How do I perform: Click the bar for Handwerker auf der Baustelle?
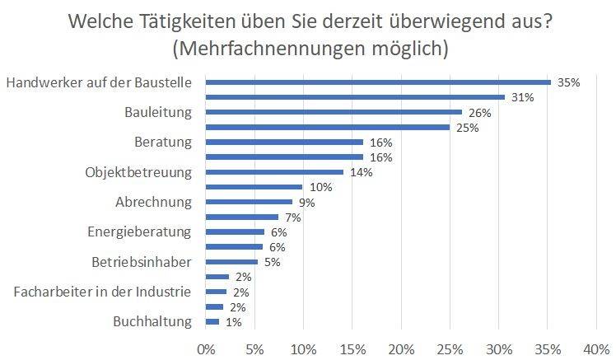pyautogui.click(x=378, y=82)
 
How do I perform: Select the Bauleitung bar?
pyautogui.click(x=334, y=112)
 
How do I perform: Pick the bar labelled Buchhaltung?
pyautogui.click(x=212, y=322)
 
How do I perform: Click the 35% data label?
pyautogui.click(x=569, y=82)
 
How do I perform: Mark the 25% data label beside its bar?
pyautogui.click(x=467, y=128)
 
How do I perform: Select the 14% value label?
pyautogui.click(x=362, y=172)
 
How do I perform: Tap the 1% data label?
pyautogui.click(x=233, y=322)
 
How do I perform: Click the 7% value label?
pyautogui.click(x=292, y=217)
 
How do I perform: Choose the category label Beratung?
pyautogui.click(x=163, y=142)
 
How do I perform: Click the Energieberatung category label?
pyautogui.click(x=139, y=231)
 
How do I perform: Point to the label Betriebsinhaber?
pyautogui.click(x=142, y=262)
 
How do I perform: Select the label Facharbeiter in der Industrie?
pyautogui.click(x=103, y=292)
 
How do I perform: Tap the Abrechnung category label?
pyautogui.click(x=153, y=202)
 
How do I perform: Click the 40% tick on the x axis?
pyautogui.click(x=595, y=347)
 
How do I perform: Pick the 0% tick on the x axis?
pyautogui.click(x=206, y=347)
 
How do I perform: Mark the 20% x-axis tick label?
pyautogui.click(x=401, y=347)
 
